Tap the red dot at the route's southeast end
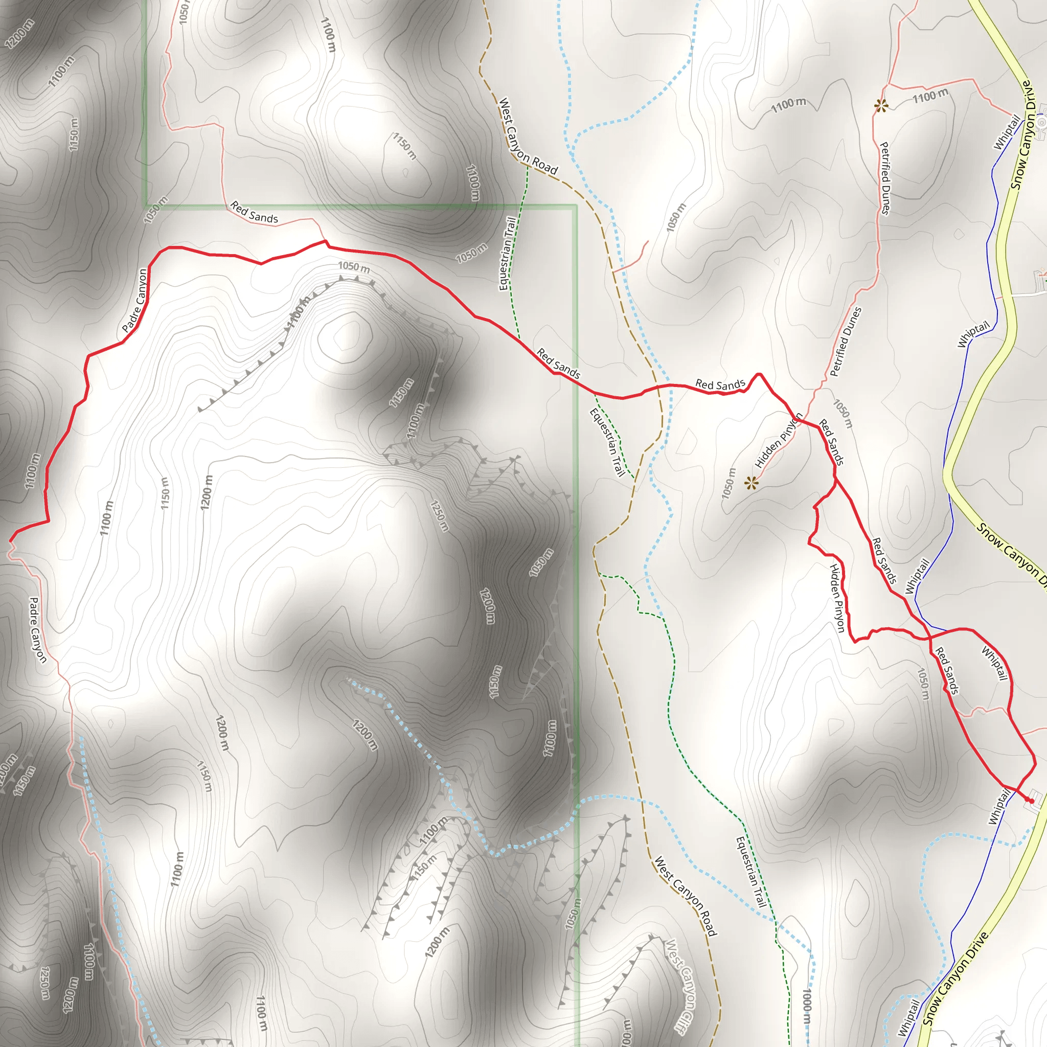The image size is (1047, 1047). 1032,801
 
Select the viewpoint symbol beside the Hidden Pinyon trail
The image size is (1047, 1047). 750,483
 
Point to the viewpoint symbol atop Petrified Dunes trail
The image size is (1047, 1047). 881,106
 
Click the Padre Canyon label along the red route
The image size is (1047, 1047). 135,301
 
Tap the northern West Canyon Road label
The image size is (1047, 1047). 527,136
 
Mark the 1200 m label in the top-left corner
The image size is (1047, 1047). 19,34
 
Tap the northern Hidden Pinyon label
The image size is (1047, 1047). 779,440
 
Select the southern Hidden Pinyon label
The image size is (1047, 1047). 837,598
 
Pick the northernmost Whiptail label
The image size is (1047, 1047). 1007,132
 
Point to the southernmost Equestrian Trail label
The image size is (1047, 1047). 750,872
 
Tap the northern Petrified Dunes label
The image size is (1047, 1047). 884,178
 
